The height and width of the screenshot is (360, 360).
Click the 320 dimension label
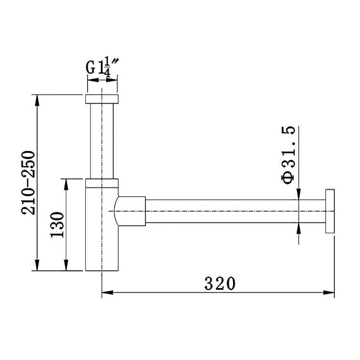[x=220, y=284]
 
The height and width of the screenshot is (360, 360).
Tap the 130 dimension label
[x=57, y=225]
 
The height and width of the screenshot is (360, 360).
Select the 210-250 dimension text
[x=28, y=183]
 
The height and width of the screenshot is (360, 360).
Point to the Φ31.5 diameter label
[x=289, y=155]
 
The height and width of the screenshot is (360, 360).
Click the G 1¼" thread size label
[x=102, y=66]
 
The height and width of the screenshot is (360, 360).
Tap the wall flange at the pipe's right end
[x=330, y=211]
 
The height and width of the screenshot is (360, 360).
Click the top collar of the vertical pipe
[x=102, y=99]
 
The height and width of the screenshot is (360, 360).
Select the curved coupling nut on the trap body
[x=130, y=211]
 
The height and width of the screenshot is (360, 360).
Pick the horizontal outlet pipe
[x=236, y=211]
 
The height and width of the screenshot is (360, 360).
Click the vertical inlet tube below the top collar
[x=102, y=141]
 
